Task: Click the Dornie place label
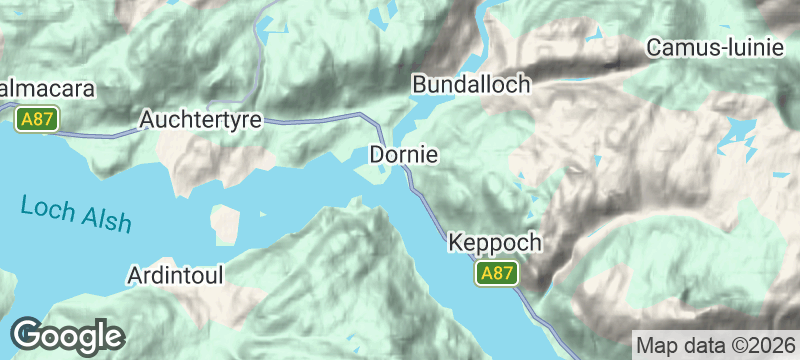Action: [x=404, y=155]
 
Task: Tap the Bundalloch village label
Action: [x=471, y=85]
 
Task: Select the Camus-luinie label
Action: [x=712, y=47]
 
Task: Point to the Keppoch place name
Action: [x=495, y=243]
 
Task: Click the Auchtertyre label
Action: [x=201, y=120]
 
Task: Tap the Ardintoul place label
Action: [x=176, y=274]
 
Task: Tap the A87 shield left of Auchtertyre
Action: [x=36, y=119]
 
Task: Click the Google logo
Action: [x=68, y=334]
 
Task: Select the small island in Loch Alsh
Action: [x=227, y=223]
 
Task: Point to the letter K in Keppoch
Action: [x=457, y=243]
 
